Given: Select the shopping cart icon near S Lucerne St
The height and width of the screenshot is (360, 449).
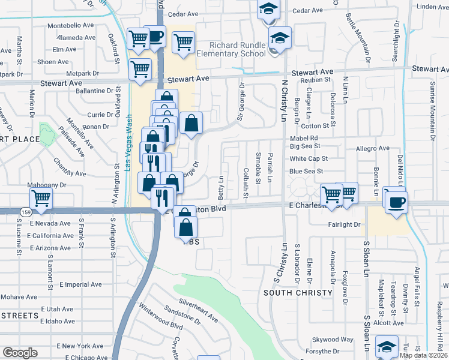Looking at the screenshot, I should click(x=41, y=197).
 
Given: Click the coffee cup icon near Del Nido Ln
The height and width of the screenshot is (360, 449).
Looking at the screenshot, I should click(x=396, y=202).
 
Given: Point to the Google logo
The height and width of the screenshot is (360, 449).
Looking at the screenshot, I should click(x=19, y=353).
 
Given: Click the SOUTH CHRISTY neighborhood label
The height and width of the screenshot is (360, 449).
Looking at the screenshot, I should click(x=298, y=292).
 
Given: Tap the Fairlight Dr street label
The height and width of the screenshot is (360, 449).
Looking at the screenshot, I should click(x=344, y=224).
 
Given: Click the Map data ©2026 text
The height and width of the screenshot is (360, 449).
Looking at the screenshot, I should click(x=424, y=355).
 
